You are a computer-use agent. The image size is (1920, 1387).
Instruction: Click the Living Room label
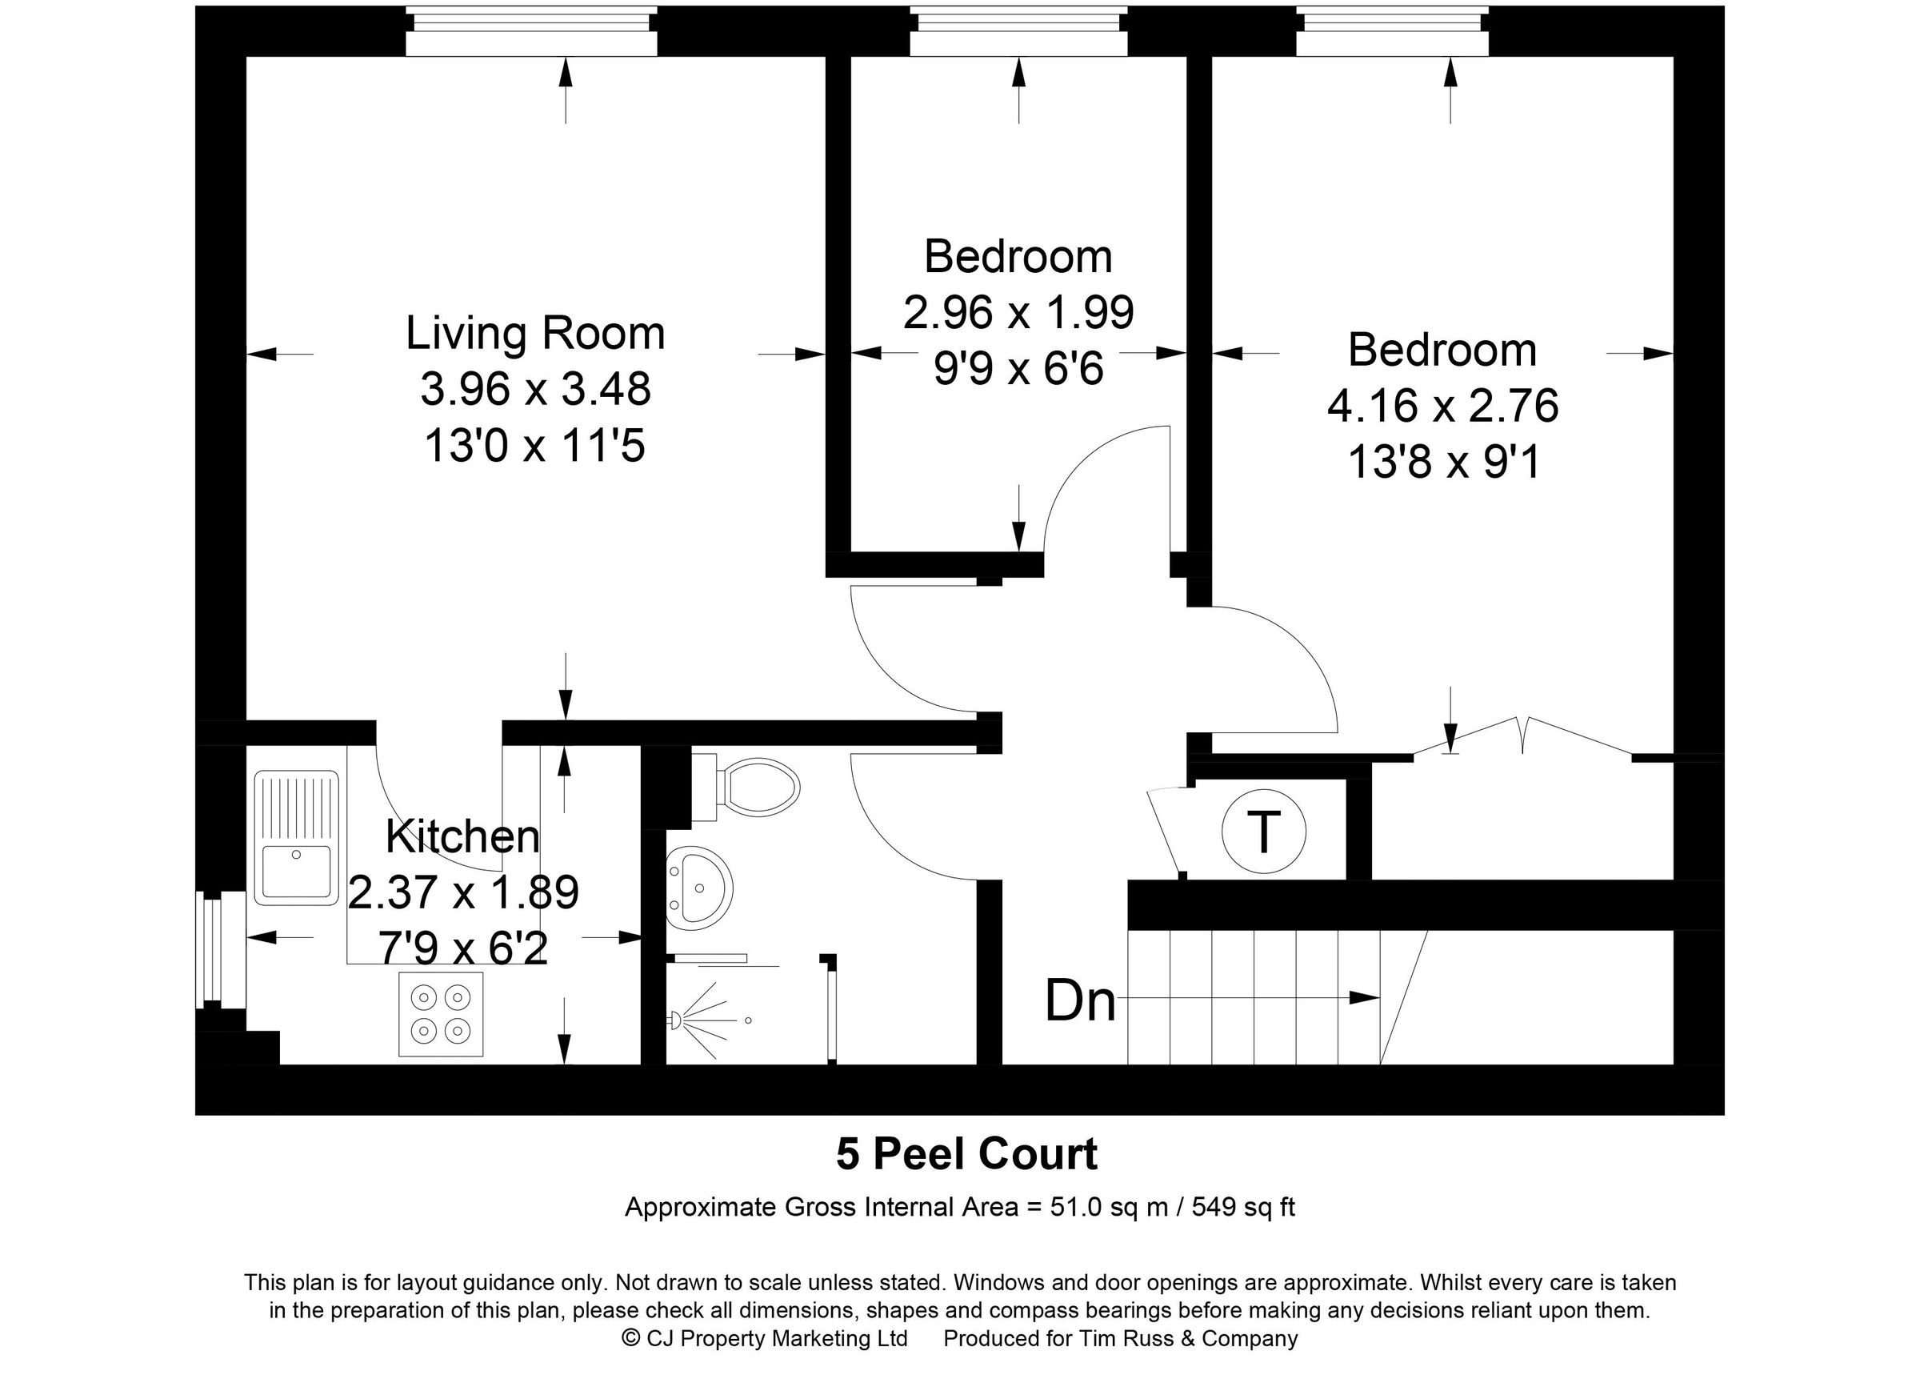pos(535,333)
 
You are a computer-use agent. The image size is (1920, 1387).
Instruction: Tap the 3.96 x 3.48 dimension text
pos(535,389)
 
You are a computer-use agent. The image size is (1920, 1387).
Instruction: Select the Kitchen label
pos(462,836)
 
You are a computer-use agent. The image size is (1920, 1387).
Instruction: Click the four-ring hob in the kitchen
pos(440,1013)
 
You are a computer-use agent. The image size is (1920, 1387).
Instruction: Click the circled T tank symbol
pos(1263,832)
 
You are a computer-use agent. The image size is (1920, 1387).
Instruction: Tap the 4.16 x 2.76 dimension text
pos(1442,406)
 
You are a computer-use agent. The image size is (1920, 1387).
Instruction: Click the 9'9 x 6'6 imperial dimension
pos(1018,369)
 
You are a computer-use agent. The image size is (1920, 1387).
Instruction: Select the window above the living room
pos(530,31)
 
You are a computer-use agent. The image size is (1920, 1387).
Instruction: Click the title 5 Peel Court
pos(966,1154)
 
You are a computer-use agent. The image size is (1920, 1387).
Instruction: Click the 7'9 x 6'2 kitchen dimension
pos(463,948)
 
